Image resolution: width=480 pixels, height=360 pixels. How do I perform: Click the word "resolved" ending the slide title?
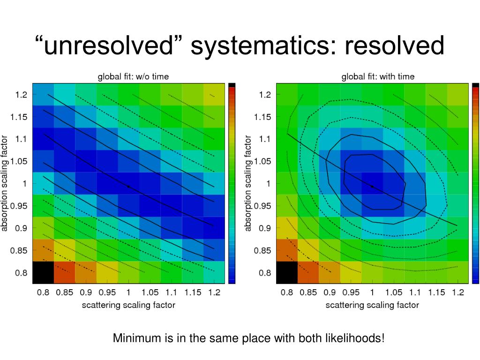point(394,46)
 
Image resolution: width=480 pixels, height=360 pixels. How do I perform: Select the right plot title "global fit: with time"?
point(378,76)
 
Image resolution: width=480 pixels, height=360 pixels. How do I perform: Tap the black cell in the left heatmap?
point(43,273)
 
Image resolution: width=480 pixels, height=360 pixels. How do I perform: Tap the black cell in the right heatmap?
point(287,273)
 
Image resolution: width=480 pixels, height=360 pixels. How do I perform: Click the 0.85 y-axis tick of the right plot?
point(263,250)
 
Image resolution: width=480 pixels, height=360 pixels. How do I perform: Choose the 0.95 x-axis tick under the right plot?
point(351,293)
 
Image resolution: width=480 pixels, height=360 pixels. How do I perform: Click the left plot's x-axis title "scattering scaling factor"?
point(128,305)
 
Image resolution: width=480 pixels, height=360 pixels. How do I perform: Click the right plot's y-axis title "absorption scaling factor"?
point(248,183)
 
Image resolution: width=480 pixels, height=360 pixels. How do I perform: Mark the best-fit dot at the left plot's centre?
point(128,186)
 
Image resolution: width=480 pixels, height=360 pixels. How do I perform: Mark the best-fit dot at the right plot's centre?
point(372,186)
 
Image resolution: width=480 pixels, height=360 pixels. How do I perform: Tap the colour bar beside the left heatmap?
point(232,183)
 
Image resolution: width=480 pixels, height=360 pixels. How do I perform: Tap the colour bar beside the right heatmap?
point(476,183)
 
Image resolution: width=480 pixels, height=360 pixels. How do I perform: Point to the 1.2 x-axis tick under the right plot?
point(457,293)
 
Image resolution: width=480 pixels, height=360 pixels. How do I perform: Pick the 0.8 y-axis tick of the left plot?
point(22,273)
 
